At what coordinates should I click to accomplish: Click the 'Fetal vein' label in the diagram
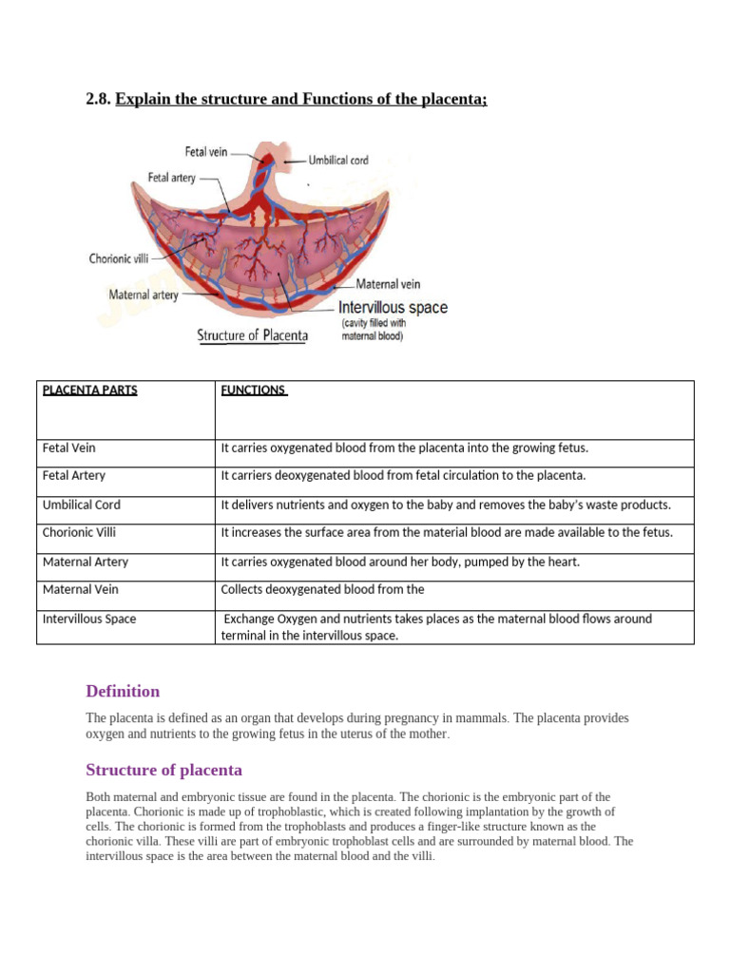point(206,152)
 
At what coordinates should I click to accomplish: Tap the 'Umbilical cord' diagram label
point(338,161)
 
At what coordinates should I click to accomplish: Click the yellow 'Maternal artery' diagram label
point(144,296)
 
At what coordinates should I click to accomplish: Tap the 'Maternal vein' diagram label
point(388,284)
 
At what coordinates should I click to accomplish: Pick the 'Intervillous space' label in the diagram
point(393,308)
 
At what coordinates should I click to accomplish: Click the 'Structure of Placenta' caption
point(253,335)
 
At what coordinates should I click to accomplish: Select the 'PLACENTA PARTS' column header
point(90,391)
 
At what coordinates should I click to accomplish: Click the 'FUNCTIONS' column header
point(254,391)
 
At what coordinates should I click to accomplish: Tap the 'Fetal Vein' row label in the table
point(69,448)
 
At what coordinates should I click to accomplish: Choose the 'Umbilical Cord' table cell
point(82,505)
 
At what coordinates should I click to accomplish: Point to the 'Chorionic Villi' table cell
point(79,533)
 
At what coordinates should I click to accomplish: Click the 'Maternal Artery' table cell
point(86,562)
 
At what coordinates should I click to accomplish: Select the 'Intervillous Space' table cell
point(89,619)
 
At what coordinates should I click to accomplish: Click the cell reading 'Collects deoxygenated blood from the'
point(322,590)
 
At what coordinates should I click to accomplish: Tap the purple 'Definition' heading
point(123,692)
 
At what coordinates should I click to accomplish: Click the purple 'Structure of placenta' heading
point(163,771)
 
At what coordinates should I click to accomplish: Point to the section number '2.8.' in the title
point(99,100)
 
